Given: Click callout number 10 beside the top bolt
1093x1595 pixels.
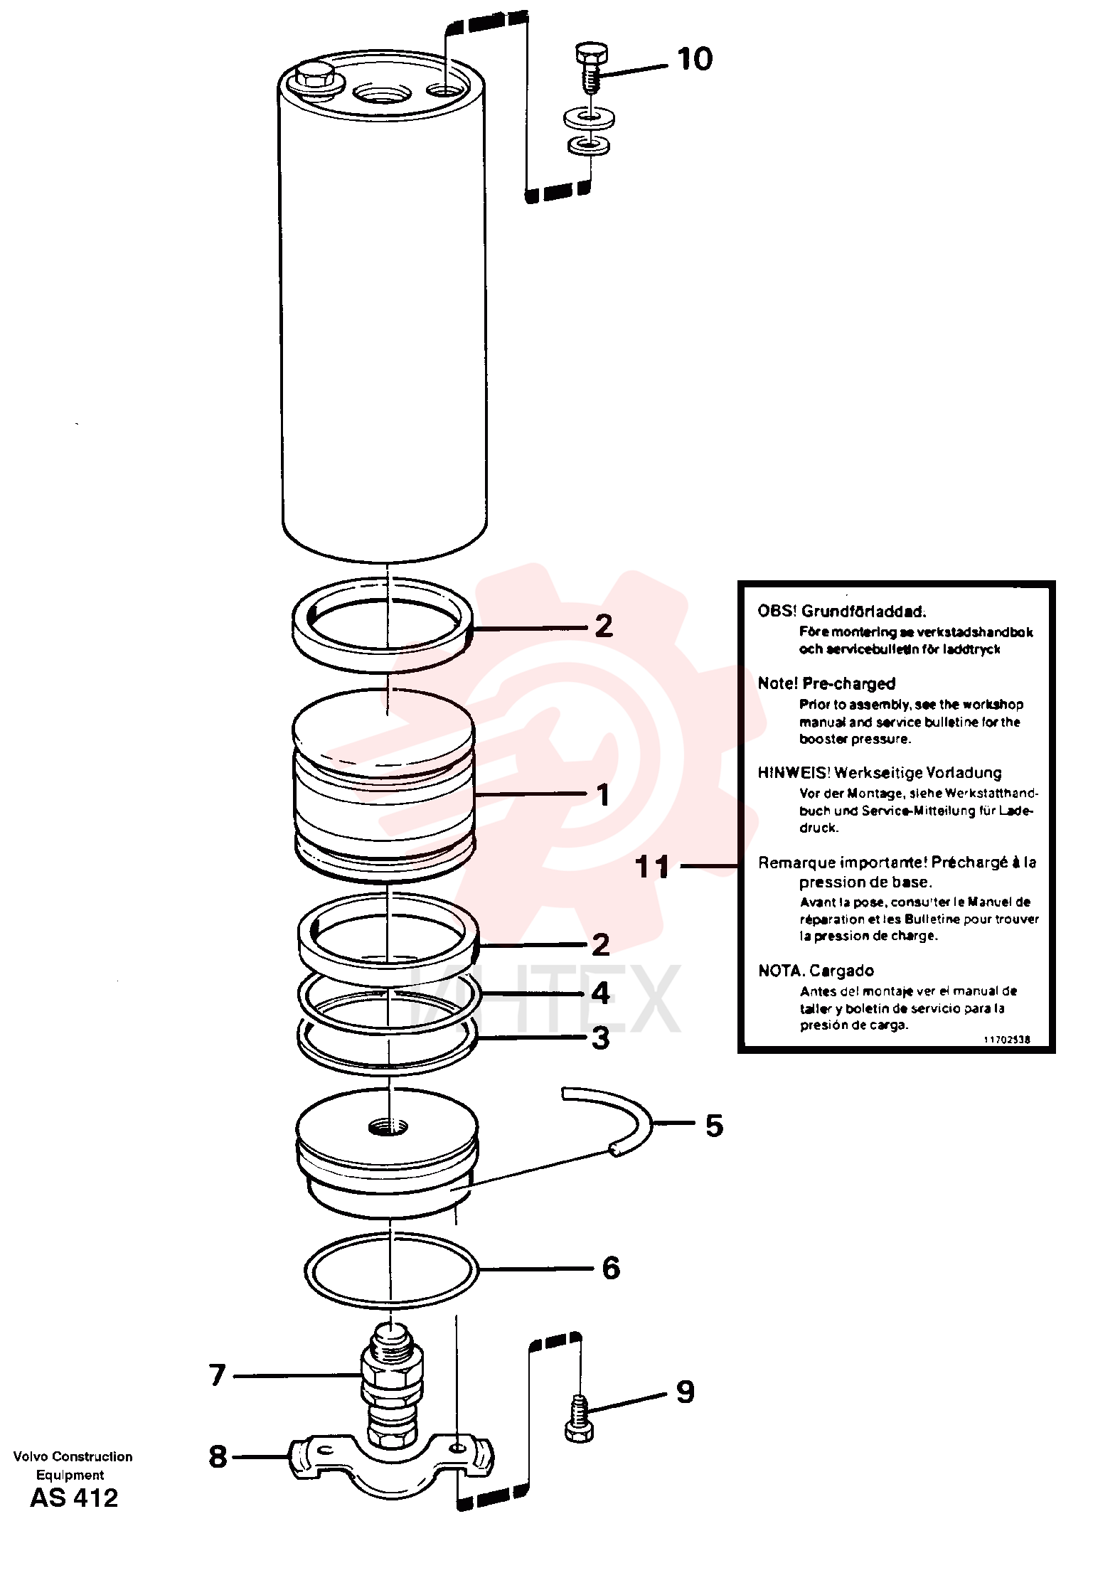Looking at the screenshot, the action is tap(694, 59).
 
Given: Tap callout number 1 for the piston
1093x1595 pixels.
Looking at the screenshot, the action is tap(602, 795).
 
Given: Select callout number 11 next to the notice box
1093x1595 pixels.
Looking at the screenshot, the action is tap(653, 867).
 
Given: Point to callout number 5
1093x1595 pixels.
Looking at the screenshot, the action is tap(713, 1125).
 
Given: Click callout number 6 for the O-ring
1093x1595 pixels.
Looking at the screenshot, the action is tap(611, 1268).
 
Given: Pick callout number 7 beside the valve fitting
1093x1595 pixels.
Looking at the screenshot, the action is tap(218, 1375).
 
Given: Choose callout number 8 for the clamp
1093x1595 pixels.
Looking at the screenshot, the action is tap(218, 1457).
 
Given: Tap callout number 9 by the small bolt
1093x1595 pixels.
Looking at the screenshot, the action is tap(685, 1392).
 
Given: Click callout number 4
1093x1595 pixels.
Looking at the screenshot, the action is tap(601, 993).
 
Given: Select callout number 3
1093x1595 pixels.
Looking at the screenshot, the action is tap(601, 1038).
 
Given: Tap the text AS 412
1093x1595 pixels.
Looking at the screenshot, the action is tap(74, 1498).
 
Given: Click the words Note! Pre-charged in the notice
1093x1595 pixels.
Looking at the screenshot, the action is tap(826, 683).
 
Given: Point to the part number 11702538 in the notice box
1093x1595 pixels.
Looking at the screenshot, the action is tap(1006, 1039).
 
